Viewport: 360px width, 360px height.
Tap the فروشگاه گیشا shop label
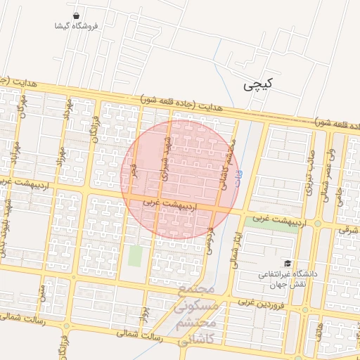tap(76, 26)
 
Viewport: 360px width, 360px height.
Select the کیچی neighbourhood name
tap(257, 85)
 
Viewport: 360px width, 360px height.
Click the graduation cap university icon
tap(288, 262)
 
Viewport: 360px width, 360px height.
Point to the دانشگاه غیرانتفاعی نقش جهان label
tap(290, 278)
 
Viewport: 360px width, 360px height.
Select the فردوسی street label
tap(209, 239)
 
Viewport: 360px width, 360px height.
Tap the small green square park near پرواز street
tap(134, 255)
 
